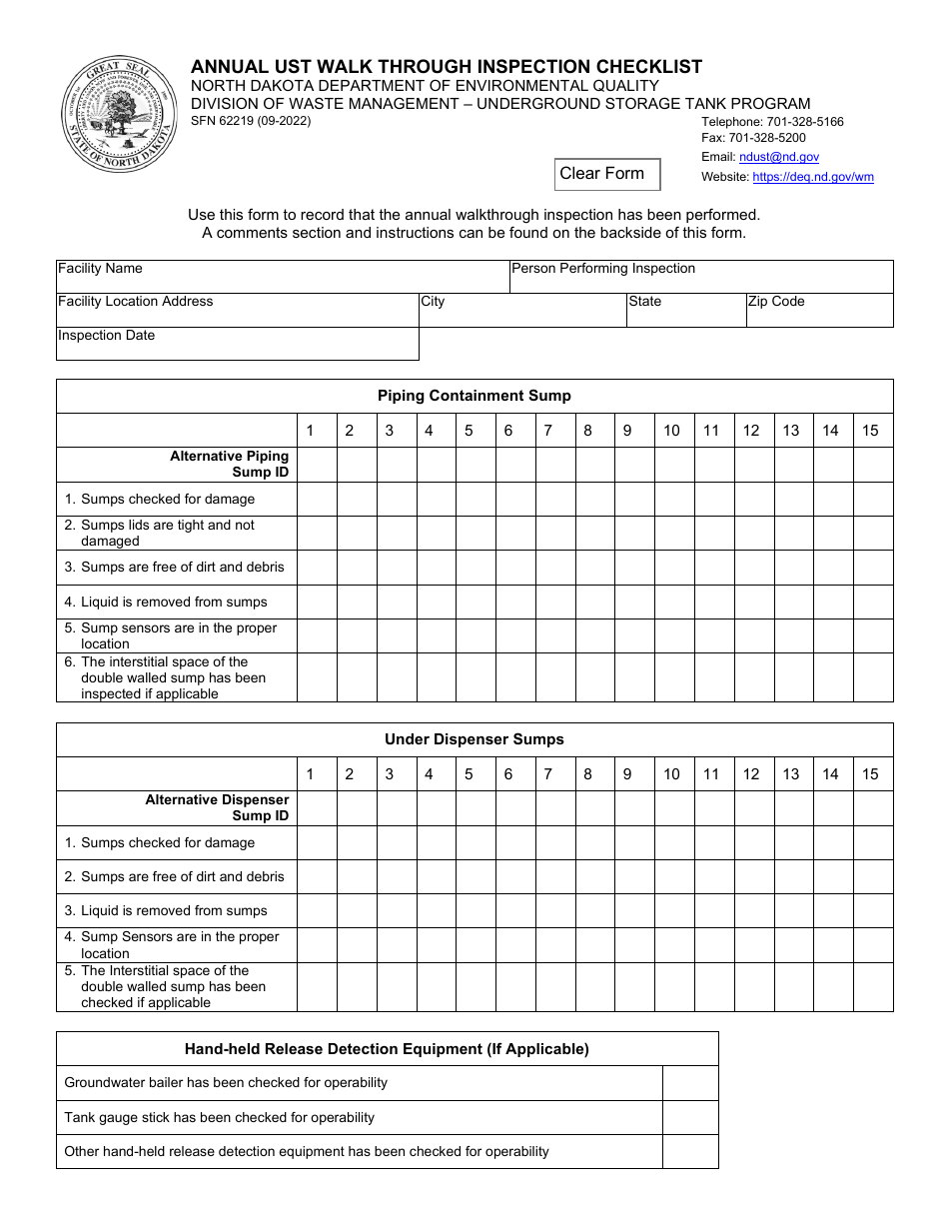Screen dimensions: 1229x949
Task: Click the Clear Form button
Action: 607,174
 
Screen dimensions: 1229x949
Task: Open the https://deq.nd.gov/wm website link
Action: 812,177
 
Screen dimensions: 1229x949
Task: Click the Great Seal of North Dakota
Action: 119,114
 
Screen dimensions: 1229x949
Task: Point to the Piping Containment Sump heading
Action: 474,396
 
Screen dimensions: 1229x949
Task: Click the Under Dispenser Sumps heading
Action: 474,739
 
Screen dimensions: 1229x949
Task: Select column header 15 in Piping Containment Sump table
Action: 870,431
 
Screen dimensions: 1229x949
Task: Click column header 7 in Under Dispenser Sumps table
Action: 547,774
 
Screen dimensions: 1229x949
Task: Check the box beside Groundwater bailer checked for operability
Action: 690,1083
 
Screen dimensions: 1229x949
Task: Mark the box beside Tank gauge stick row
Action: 690,1117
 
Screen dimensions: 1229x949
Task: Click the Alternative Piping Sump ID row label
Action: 229,464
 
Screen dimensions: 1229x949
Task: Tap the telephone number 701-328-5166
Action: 772,122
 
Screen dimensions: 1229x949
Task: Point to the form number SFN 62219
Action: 251,121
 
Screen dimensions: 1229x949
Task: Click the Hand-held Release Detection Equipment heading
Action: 387,1049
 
